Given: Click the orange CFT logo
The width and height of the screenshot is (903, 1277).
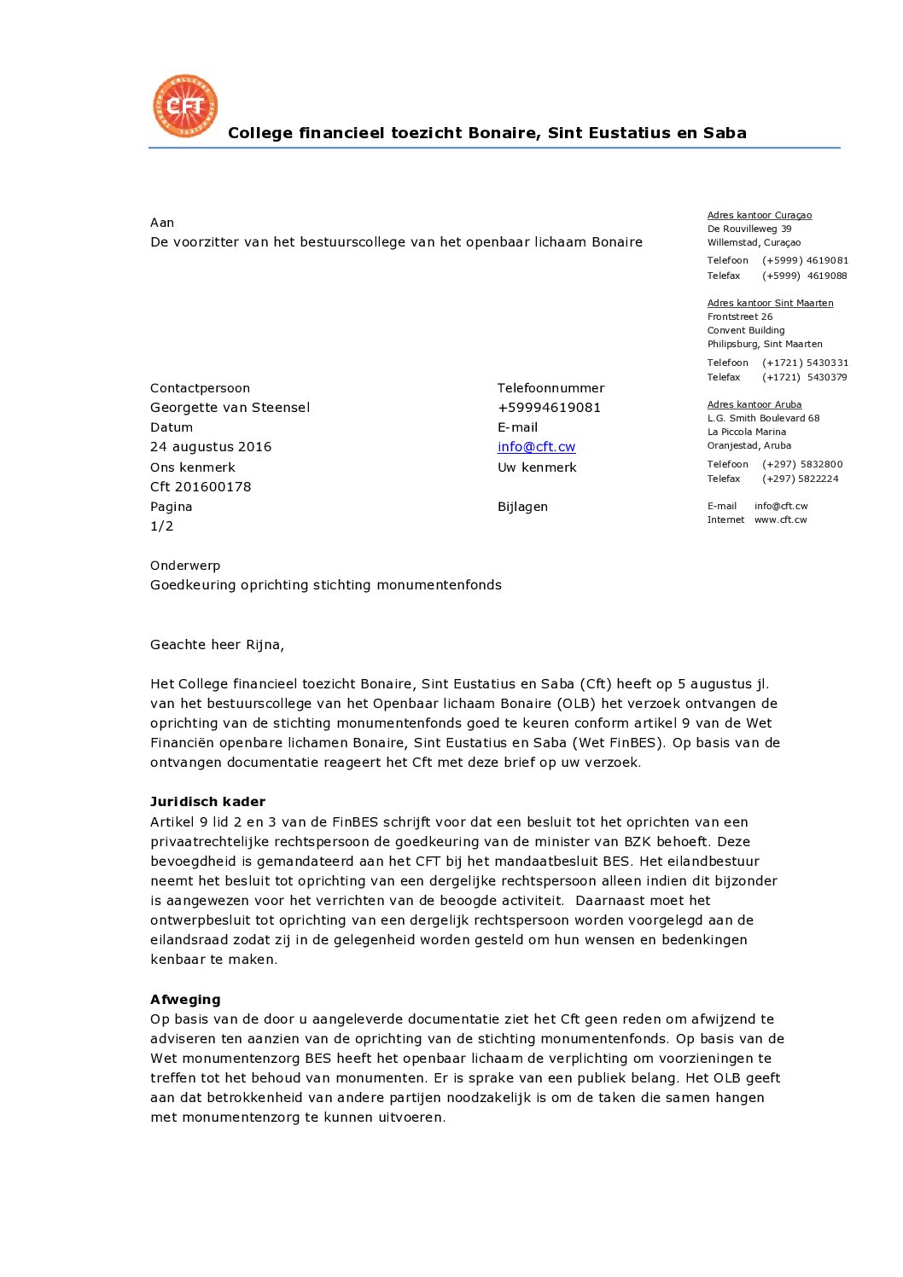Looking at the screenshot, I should click(185, 106).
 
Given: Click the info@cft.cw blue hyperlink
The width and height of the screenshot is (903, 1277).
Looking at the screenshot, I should click(536, 447).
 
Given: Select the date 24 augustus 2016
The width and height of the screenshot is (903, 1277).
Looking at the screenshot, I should click(211, 447).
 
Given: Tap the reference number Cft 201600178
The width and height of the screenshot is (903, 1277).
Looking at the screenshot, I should click(201, 487).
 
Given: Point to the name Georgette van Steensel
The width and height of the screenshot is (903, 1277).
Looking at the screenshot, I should click(230, 408).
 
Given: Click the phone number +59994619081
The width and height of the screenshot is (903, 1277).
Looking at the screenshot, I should click(549, 408).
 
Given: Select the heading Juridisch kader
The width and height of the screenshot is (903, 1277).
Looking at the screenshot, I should click(207, 802).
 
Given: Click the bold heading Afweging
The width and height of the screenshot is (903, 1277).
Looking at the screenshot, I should click(185, 1000).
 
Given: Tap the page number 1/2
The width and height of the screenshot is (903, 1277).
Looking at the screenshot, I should click(161, 526).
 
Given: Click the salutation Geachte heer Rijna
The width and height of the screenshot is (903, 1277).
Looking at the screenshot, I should click(217, 645).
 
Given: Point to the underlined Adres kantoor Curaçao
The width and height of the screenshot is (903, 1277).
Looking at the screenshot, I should click(759, 216).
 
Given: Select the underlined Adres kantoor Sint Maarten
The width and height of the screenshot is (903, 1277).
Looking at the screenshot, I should click(770, 304).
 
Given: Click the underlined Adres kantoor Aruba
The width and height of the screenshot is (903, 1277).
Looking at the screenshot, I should click(754, 405).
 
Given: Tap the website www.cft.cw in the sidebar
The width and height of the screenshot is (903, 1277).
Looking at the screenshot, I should click(780, 520).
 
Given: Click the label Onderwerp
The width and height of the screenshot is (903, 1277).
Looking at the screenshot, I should click(185, 566).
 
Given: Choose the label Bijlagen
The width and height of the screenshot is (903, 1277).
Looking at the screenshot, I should click(522, 507).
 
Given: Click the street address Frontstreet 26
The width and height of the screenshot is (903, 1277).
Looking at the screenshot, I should click(739, 317).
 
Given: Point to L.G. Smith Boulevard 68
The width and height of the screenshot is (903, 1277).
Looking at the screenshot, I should click(763, 419).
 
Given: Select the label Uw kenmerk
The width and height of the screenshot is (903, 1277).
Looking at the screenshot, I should click(537, 467).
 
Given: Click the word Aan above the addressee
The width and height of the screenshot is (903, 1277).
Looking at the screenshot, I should click(162, 223).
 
